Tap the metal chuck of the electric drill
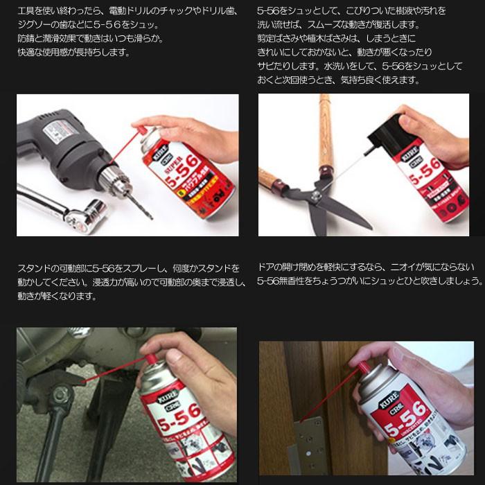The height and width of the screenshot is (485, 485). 111,178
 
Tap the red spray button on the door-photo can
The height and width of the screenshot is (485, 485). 362,360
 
